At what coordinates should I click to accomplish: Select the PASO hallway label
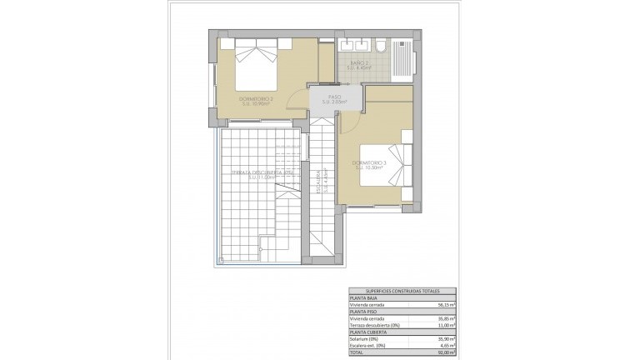click(334, 100)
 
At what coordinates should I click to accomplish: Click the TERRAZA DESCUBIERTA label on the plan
click(258, 173)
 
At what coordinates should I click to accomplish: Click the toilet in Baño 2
click(377, 46)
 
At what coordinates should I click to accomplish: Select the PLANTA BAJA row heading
click(362, 297)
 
